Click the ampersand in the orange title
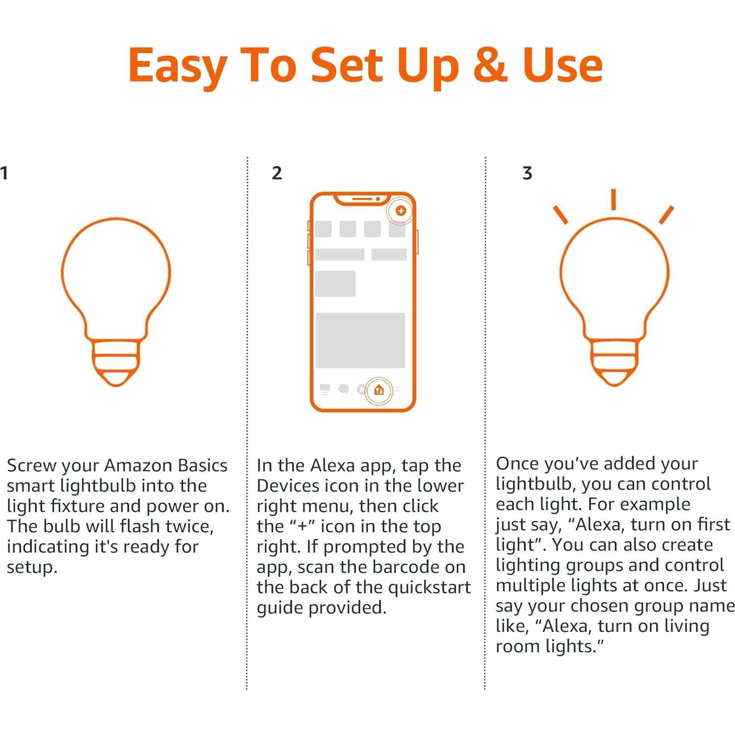490,65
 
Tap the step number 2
276,173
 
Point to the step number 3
527,173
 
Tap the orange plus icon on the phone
401,211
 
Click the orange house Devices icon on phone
379,390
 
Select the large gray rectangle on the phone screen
360,340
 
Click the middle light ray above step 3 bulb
613,199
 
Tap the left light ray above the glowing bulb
560,215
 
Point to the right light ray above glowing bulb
666,215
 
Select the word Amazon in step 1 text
138,465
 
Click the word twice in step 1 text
189,526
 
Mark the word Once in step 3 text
517,463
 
